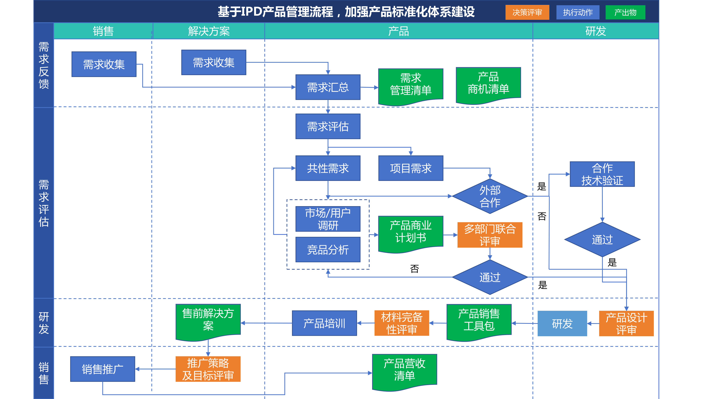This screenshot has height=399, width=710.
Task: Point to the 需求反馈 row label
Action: (x=43, y=65)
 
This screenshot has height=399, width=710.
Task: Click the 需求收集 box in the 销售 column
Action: (x=104, y=64)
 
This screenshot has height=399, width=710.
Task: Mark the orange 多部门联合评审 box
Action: (x=490, y=235)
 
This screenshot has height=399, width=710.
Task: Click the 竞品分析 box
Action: (x=328, y=249)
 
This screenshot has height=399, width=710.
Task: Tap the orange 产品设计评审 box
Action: (x=626, y=323)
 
